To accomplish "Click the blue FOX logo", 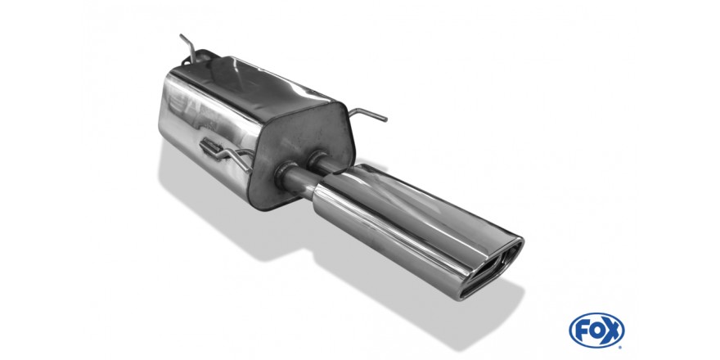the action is [x=596, y=331].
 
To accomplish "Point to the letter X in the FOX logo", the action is [x=612, y=331].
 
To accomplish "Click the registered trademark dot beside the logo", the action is [x=621, y=346].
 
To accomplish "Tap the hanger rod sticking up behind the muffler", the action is [x=189, y=47].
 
